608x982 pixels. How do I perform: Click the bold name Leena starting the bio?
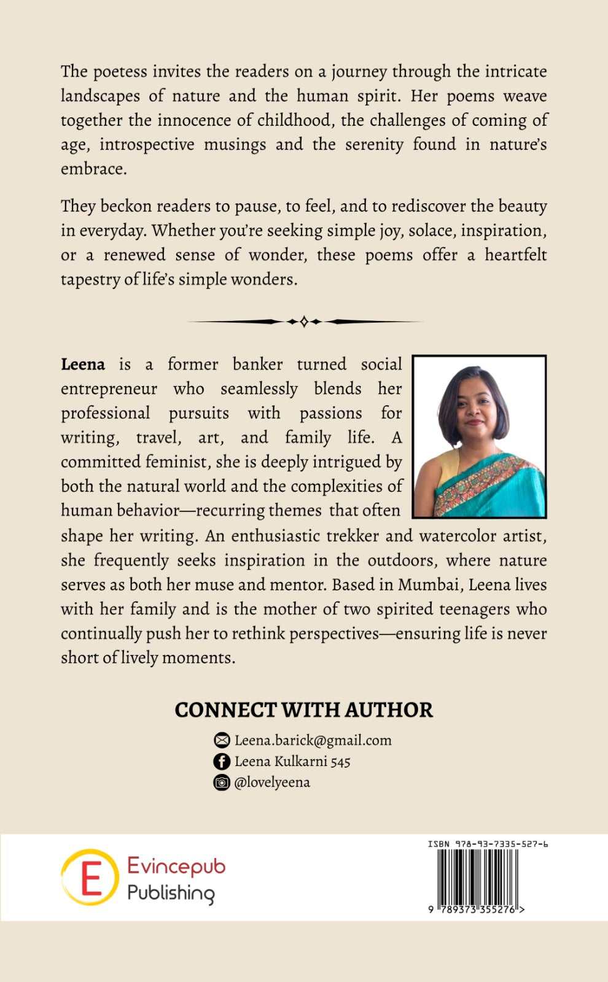(83, 365)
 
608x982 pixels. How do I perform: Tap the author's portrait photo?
(479, 436)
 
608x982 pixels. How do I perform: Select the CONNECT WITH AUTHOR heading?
(303, 709)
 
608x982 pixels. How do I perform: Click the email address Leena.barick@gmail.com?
(313, 740)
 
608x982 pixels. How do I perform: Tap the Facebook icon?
(221, 762)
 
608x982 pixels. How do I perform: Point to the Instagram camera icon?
(221, 783)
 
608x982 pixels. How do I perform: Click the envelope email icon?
(221, 741)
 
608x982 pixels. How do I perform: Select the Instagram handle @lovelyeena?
(272, 783)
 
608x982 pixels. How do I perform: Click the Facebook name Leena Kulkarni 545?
(292, 762)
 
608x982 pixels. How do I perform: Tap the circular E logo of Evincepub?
(90, 877)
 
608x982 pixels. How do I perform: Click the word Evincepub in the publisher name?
(176, 866)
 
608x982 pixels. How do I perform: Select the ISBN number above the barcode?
(488, 844)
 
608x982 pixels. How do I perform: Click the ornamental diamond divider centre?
(304, 321)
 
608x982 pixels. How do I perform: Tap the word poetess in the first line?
(120, 72)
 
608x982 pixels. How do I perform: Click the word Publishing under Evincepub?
(171, 893)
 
